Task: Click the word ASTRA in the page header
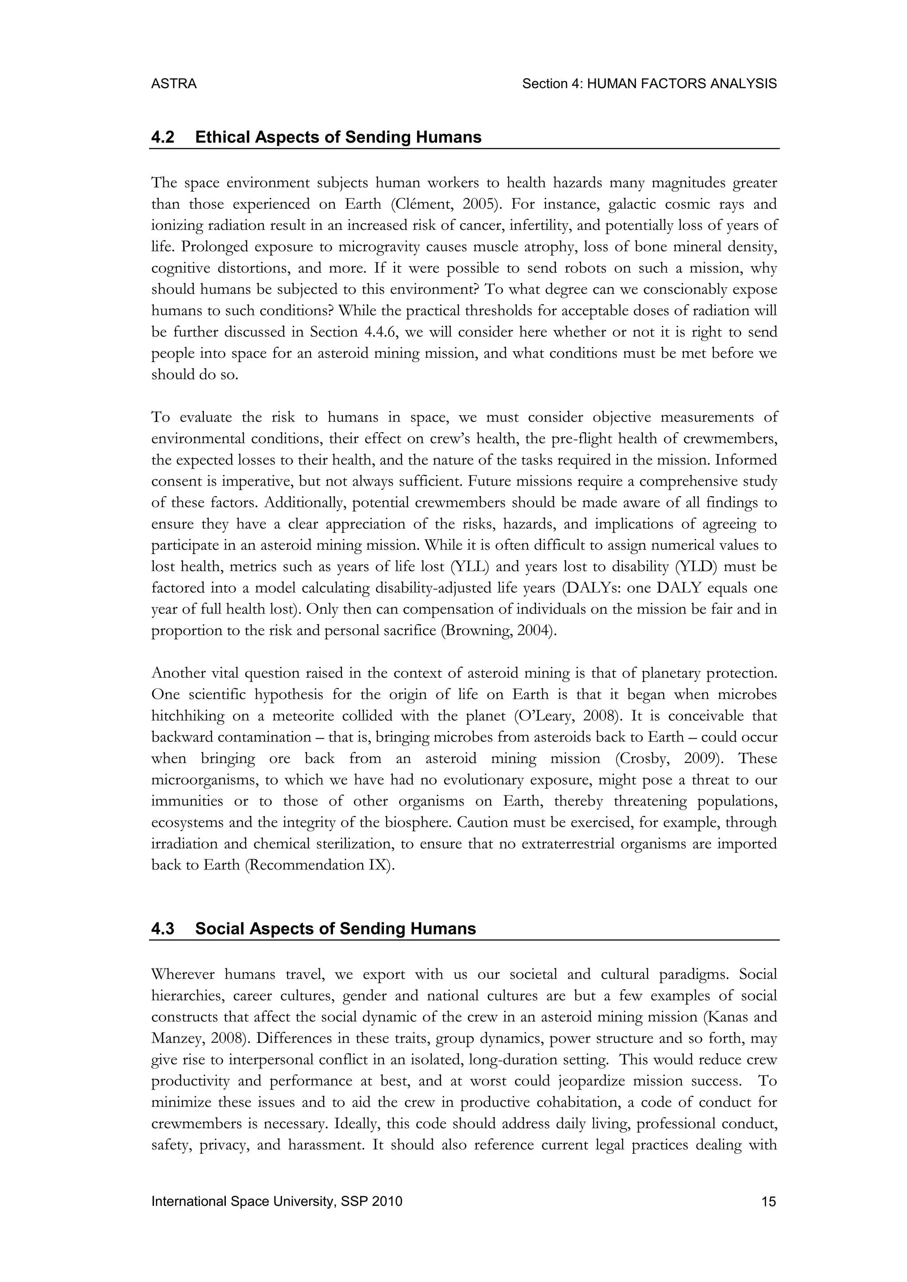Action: [x=174, y=84]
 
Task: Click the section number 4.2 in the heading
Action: [x=163, y=137]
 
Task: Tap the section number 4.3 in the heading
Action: [x=163, y=929]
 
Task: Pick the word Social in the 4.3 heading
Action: [x=220, y=929]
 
